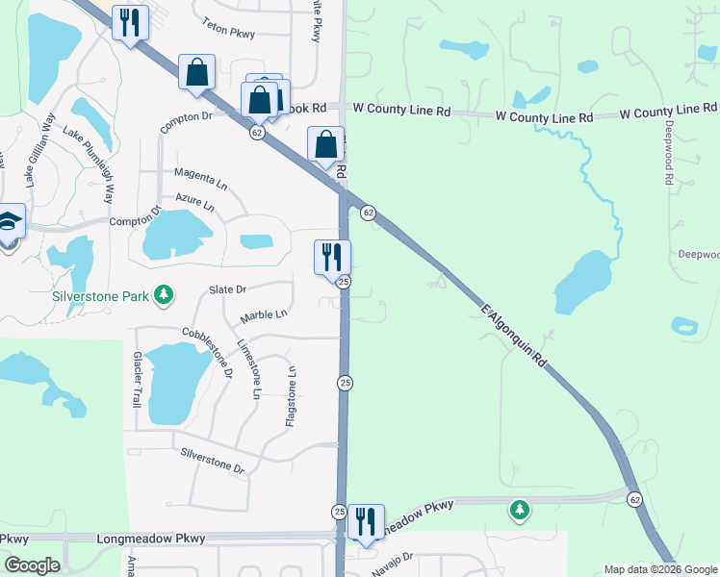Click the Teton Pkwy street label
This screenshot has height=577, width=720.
(228, 32)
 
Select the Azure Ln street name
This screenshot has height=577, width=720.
(194, 202)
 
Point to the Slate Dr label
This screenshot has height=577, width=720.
(228, 288)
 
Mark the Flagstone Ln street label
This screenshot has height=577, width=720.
(290, 395)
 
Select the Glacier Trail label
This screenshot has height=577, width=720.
(137, 377)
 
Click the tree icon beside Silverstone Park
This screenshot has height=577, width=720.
(164, 294)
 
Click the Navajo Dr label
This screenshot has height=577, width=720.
(394, 557)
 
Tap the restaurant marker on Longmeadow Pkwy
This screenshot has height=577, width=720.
(365, 521)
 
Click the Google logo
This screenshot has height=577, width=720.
(32, 565)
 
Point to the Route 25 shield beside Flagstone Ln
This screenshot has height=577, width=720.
(344, 383)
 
